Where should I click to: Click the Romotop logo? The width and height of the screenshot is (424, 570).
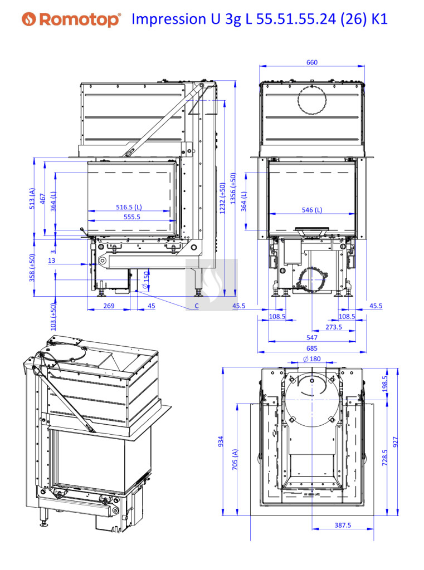point(71,20)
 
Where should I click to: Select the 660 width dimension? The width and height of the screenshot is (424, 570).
point(312,62)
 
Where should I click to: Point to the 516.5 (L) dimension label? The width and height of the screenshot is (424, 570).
point(129,207)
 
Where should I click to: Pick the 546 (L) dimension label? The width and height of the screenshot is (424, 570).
point(312,210)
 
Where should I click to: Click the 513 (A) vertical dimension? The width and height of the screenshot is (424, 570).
point(32,198)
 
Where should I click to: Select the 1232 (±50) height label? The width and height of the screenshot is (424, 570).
point(222,198)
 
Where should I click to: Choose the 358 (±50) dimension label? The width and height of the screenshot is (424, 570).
point(32,268)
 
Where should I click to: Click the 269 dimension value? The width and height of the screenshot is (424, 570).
point(109,306)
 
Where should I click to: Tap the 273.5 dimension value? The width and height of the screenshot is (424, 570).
point(333,327)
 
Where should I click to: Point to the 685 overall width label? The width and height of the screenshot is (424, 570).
point(312,348)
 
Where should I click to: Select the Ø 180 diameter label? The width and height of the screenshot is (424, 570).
point(312,359)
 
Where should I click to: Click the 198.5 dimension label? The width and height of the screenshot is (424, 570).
point(385,384)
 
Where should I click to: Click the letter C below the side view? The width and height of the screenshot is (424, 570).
point(197,306)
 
